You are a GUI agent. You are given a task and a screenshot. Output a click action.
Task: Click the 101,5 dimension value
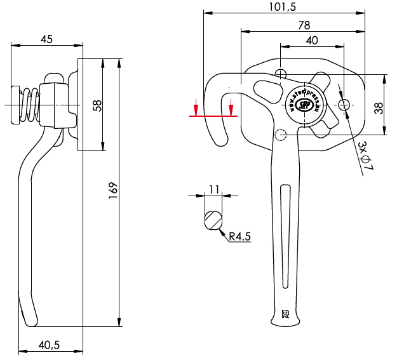[283, 7]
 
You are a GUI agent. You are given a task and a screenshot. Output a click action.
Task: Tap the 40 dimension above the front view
[312, 40]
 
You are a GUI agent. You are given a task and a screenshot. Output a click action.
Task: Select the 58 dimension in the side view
[97, 105]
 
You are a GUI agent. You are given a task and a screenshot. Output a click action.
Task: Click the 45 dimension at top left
[46, 39]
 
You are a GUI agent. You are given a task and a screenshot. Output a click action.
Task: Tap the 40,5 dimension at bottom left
[49, 345]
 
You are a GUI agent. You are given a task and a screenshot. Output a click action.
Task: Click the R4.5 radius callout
[240, 237]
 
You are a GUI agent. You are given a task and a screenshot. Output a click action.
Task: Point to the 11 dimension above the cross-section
[213, 189]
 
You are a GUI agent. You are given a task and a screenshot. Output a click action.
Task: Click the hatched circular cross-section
[213, 219]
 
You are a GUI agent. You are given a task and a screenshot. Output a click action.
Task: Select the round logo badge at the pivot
[304, 103]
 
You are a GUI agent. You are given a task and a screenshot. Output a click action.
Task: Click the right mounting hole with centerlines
[344, 104]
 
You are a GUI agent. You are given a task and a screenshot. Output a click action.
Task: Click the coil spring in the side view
[29, 103]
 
